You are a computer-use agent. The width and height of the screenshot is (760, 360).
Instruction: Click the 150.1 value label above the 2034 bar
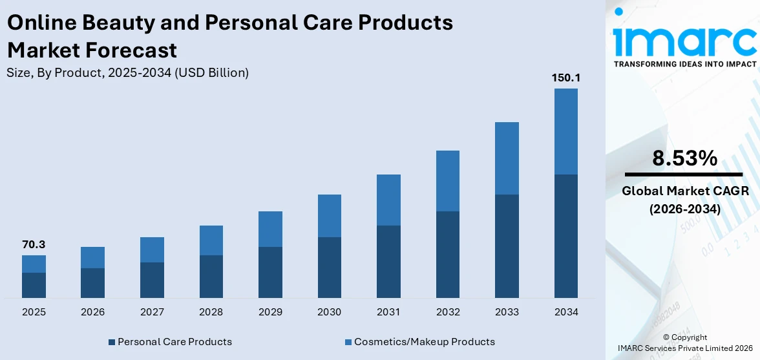(565, 78)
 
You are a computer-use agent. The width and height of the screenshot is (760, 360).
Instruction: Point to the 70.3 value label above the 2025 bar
(34, 244)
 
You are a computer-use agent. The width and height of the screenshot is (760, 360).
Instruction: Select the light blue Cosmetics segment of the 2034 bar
(565, 131)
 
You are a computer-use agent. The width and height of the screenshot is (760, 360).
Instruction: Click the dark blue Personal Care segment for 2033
(507, 246)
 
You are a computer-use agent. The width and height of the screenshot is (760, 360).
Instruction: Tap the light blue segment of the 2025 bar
(34, 264)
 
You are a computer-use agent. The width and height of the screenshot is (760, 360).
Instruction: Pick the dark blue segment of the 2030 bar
(329, 267)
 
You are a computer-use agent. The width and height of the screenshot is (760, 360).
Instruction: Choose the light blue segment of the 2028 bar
(211, 240)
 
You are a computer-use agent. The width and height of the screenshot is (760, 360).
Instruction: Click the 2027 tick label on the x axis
(152, 312)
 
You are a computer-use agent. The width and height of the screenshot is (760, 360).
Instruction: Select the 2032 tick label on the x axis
(447, 312)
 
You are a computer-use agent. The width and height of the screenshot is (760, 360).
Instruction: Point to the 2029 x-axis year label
(270, 312)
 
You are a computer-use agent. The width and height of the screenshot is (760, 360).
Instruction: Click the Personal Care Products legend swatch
(112, 342)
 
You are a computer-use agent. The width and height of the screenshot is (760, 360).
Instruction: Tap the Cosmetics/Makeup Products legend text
(424, 342)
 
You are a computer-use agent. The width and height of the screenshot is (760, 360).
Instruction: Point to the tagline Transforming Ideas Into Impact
(684, 64)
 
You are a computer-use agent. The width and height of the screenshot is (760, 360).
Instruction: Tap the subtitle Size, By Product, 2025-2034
(127, 73)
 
